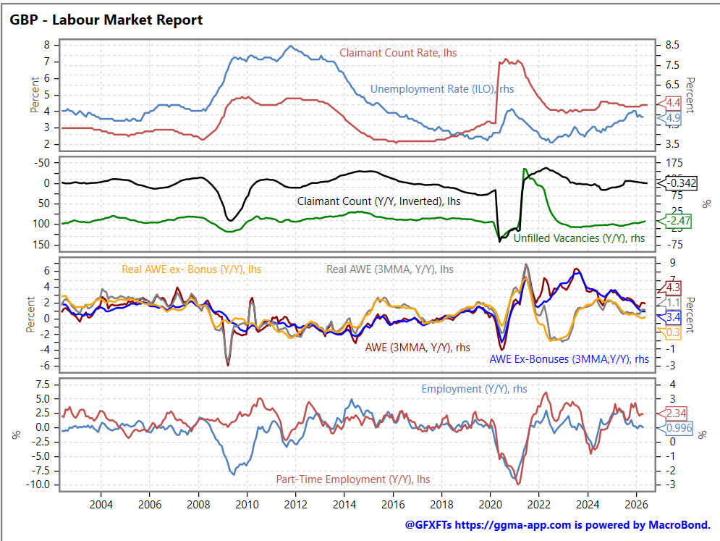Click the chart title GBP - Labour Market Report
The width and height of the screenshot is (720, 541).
106,20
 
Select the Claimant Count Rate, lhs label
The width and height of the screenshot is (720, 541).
398,53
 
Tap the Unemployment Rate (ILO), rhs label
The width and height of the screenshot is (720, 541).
441,89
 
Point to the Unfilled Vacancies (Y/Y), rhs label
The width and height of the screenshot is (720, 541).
579,238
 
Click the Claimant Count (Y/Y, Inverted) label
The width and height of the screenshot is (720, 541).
379,201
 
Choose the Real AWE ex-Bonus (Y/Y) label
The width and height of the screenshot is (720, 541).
192,269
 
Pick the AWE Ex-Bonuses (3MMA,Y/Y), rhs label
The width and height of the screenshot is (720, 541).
569,359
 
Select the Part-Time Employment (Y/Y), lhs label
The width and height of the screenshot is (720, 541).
353,479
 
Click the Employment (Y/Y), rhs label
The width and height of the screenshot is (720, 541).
475,389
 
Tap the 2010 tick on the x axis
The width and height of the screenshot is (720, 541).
247,504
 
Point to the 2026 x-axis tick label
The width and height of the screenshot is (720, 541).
637,504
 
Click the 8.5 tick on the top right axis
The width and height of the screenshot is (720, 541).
672,45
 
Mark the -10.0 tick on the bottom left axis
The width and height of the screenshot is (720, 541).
38,485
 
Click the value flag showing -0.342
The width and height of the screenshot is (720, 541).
677,183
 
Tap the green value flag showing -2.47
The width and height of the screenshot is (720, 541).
674,221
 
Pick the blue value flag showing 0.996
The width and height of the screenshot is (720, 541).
675,428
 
